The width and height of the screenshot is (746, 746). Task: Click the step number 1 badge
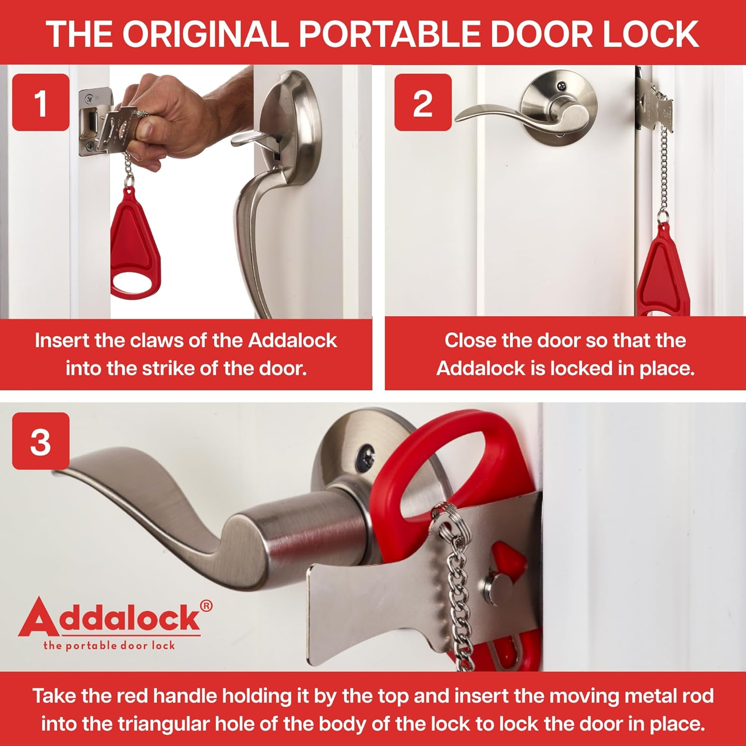[40, 102]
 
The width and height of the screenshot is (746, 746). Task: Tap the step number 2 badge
[423, 102]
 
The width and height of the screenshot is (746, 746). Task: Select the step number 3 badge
[40, 441]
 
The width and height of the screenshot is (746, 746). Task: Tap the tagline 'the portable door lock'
[109, 646]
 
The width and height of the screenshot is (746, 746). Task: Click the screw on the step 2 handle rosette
[561, 86]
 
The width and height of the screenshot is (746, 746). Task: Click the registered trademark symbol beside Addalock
[206, 606]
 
